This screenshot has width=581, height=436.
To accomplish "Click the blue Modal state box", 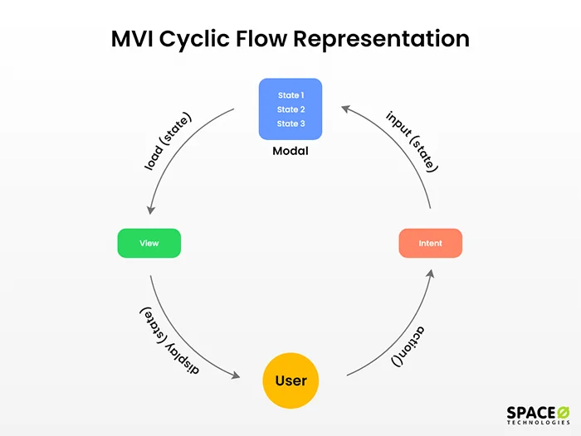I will coord(290,109).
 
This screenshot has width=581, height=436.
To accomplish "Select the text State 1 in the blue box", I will coord(290,95).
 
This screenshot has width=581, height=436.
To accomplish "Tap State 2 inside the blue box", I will coord(290,109).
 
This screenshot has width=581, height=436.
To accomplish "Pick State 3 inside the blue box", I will coord(290,124).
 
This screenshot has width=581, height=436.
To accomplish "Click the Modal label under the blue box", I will coord(290,152).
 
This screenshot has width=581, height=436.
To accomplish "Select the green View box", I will coord(149,243).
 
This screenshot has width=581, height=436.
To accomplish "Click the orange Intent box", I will coord(430,243).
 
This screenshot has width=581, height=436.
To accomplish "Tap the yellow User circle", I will coord(290,380).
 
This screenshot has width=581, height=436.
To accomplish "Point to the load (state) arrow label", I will coord(168,142).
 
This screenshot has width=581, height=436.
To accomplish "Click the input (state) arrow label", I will coord(412,141).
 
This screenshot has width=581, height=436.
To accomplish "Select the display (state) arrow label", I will coord(168,341).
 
